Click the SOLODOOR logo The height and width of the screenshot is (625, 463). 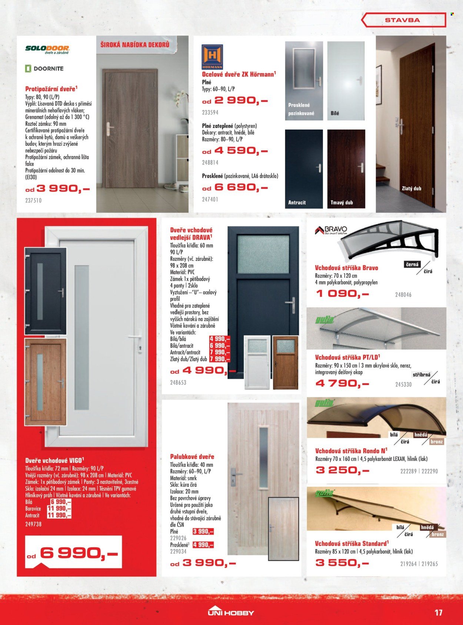(x=47, y=49)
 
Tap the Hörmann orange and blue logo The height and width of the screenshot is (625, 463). (x=212, y=57)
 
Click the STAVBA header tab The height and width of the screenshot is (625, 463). (x=403, y=20)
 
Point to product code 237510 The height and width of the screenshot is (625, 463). (x=33, y=200)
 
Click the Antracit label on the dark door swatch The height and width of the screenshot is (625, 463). (x=297, y=203)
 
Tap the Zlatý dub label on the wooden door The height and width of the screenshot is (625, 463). (x=411, y=188)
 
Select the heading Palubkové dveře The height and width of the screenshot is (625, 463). (x=192, y=457)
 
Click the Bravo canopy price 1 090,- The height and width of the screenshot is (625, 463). (x=343, y=294)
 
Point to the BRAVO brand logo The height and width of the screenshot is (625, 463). (x=331, y=230)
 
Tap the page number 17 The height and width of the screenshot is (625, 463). (x=438, y=612)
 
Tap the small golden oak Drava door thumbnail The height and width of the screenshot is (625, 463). (x=285, y=362)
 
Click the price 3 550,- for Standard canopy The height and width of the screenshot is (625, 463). (x=342, y=563)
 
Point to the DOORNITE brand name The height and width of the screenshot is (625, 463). (x=44, y=68)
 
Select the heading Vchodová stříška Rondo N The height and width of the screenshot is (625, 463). (x=351, y=451)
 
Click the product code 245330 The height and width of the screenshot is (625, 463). (x=403, y=385)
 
